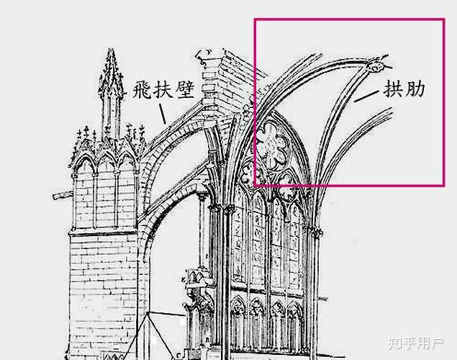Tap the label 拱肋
pyautogui.click(x=405, y=89)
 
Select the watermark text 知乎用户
pyautogui.click(x=415, y=341)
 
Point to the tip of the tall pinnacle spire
pyautogui.click(x=110, y=50)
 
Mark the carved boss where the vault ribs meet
pyautogui.click(x=376, y=66)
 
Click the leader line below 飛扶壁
pyautogui.click(x=163, y=113)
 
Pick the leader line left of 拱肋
pyautogui.click(x=366, y=94)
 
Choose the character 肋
pyautogui.click(x=415, y=89)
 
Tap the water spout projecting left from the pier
pyautogui.click(x=62, y=194)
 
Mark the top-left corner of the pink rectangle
pyautogui.click(x=254, y=19)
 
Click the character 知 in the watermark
pyautogui.click(x=394, y=341)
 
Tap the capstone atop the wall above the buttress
pyautogui.click(x=209, y=53)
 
